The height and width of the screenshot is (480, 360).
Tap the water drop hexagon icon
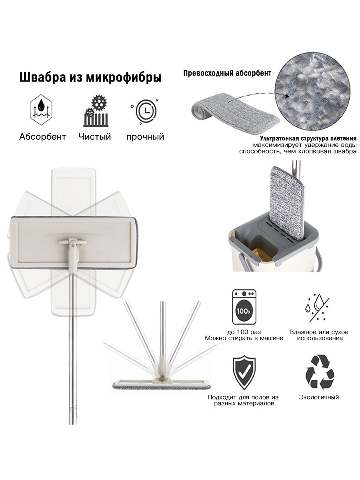[x=41, y=110]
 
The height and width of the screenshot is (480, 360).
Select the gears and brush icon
[x=96, y=111]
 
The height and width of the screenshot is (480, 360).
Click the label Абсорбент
[x=43, y=137]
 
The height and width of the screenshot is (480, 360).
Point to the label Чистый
[x=95, y=137]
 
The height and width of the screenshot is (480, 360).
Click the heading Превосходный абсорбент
[x=227, y=73]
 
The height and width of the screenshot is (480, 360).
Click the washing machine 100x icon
[x=244, y=307]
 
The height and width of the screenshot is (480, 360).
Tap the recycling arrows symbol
[x=320, y=372]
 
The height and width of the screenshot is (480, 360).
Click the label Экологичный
[x=319, y=397]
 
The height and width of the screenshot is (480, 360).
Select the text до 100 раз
[x=244, y=332]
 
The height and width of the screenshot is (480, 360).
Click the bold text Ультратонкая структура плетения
[x=308, y=138]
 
